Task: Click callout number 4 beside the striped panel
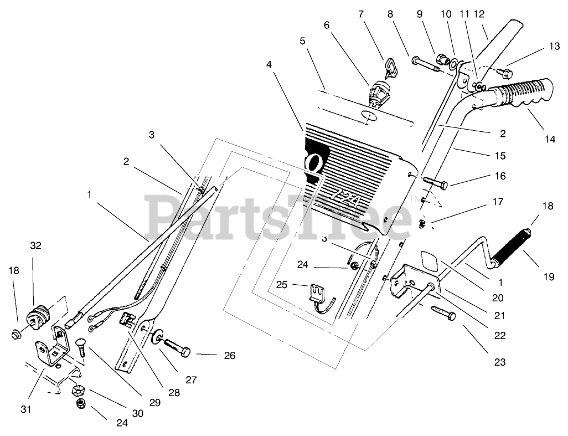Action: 268,65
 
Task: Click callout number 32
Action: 35,245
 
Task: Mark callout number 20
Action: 498,297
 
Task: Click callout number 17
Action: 479,202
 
